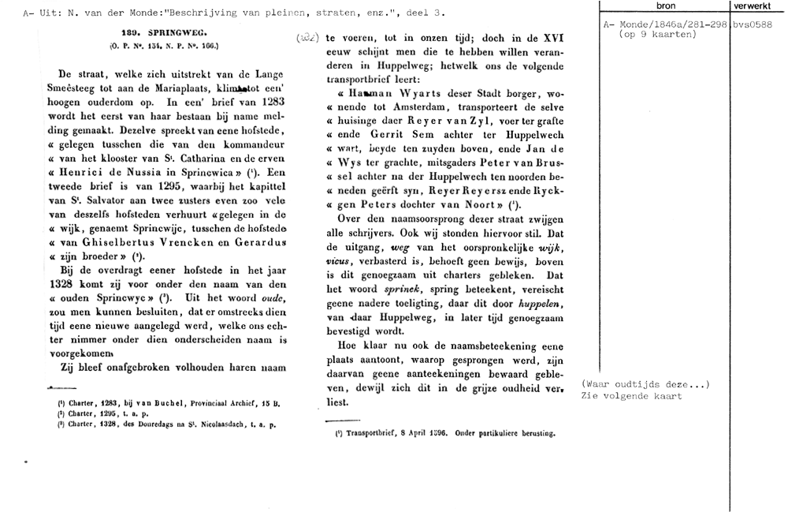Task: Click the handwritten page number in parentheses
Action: pos(308,38)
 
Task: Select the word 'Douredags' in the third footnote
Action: pos(161,424)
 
